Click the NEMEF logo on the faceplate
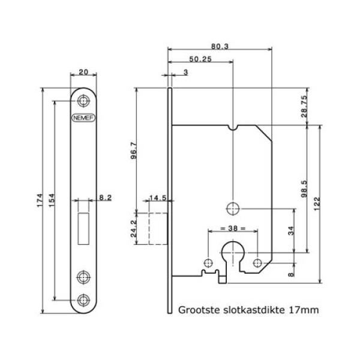[x=83, y=119]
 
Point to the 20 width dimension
[x=83, y=72]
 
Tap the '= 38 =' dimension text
[x=233, y=229]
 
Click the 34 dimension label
[x=292, y=230]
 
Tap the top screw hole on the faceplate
[x=83, y=100]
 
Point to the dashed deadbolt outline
[x=152, y=227]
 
